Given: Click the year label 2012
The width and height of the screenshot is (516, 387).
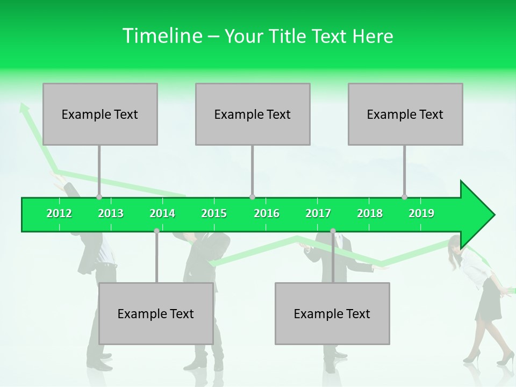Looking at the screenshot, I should coord(59,213).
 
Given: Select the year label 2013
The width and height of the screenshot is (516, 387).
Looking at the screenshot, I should coord(111,213).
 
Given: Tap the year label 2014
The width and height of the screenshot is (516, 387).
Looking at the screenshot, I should coord(162,213).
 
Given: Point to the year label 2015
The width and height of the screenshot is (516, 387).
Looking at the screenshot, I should coord(214,213).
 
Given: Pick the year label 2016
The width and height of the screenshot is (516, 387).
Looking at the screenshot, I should coord(267,213).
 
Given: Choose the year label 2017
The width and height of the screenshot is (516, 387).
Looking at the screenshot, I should coord(318,213).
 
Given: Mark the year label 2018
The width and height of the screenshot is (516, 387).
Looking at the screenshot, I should coord(370,213).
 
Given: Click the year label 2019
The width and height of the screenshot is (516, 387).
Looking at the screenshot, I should coord(421,213).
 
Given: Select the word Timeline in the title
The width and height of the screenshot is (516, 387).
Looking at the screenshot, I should coord(161,36).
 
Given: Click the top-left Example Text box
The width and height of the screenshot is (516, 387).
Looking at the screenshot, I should coord(100,114).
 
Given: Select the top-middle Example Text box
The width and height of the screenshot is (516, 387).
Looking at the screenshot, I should coord(253,114).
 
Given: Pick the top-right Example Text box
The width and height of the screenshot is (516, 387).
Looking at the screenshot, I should coord(405,114).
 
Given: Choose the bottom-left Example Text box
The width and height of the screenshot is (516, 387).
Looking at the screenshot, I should coord(156,313).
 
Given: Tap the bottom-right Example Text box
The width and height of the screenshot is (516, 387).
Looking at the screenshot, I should coord(332,313).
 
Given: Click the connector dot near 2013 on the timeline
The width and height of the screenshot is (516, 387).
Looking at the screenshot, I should coord(99,197).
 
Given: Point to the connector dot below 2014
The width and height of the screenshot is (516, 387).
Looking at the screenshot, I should coord(156,231).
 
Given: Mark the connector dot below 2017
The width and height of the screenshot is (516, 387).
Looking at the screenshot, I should coord(333,231).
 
